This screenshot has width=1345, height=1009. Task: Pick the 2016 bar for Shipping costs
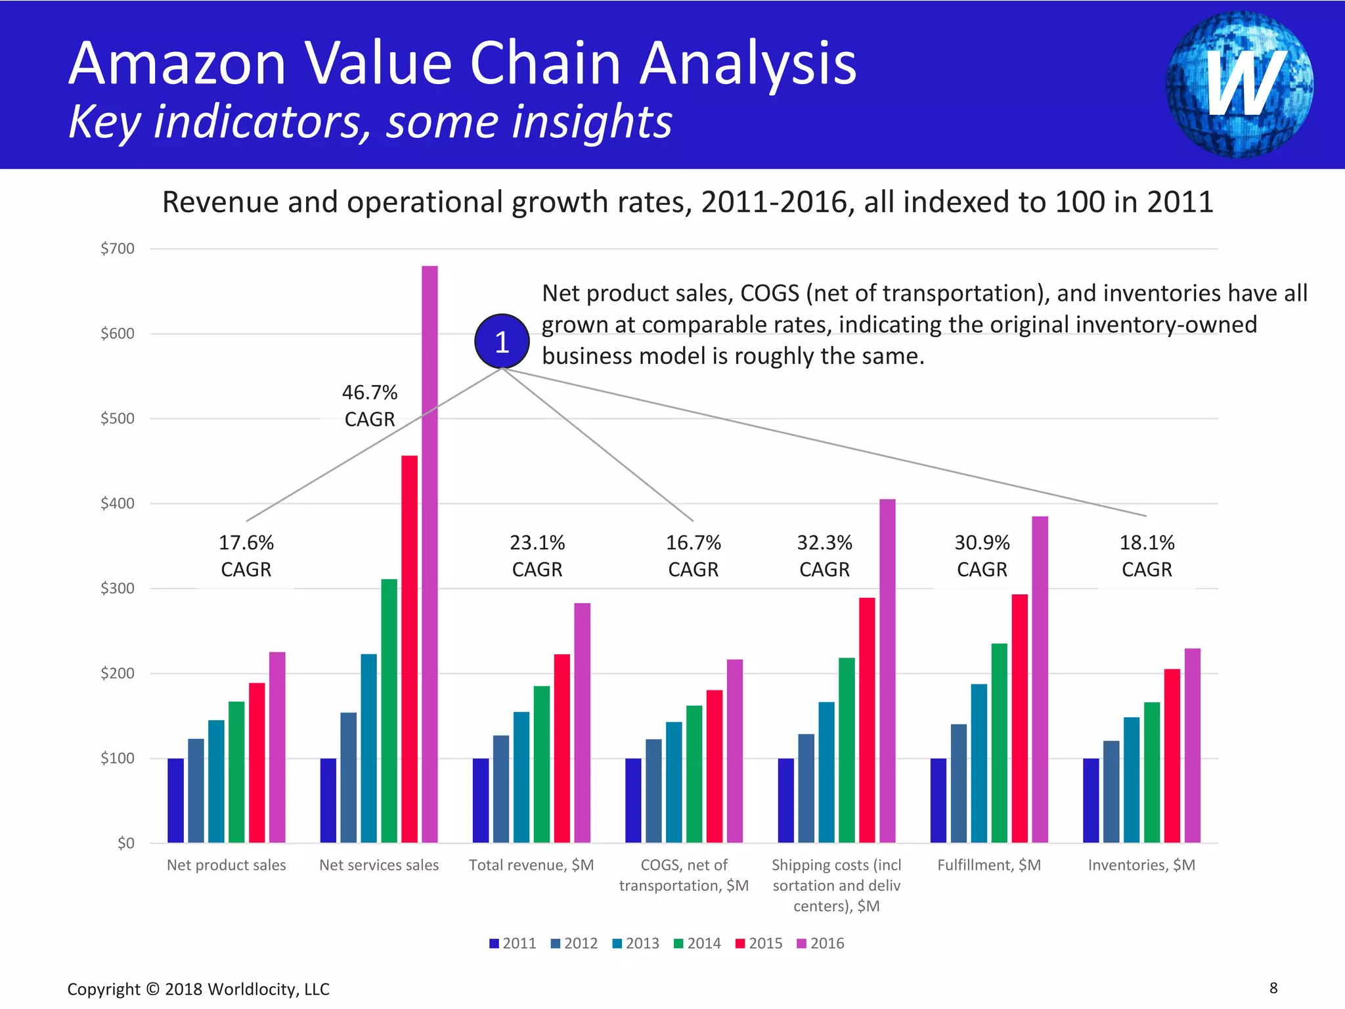point(887,671)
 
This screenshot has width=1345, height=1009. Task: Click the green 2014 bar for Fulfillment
point(999,743)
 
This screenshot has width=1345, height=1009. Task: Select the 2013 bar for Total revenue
point(521,777)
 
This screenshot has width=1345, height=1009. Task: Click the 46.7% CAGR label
point(370,406)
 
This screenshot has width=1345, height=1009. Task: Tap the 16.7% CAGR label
point(694,556)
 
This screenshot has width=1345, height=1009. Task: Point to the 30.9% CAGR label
point(982,556)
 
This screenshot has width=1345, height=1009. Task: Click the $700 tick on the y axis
point(117,248)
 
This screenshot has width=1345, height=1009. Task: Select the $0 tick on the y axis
point(125,843)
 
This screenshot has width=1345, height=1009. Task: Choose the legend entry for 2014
point(697,943)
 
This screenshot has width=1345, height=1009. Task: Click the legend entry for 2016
point(820,943)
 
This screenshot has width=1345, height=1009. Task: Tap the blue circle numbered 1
point(502,342)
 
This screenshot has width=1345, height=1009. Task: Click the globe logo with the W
point(1239,84)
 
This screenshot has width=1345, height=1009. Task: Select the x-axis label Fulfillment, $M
point(989,865)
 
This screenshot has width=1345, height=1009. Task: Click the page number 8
point(1273,988)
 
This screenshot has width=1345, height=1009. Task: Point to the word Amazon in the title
point(177,64)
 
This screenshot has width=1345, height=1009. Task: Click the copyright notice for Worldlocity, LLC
point(198,989)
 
